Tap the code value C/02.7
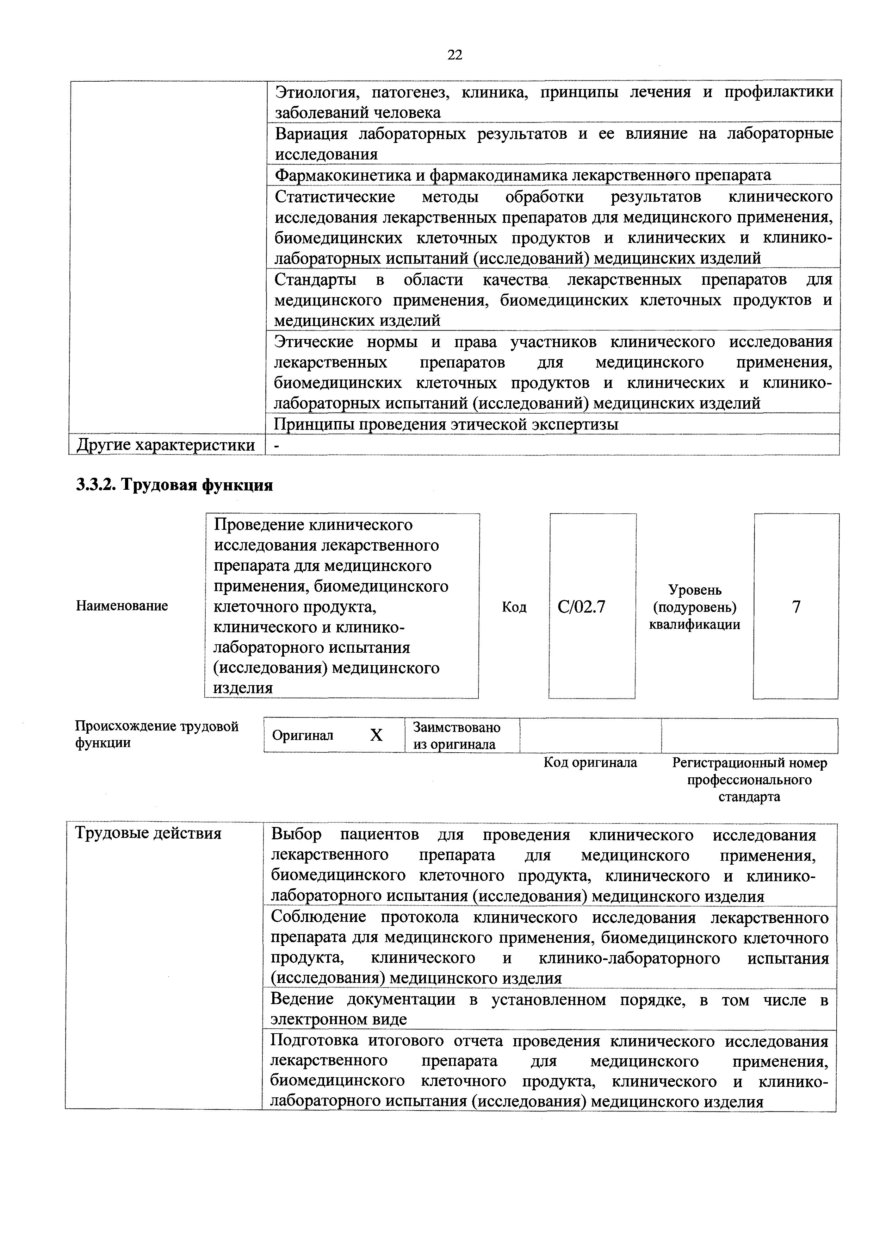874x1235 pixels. click(x=581, y=607)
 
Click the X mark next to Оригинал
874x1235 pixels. click(x=376, y=735)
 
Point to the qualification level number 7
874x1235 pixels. click(x=796, y=607)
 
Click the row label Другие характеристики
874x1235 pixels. click(x=166, y=445)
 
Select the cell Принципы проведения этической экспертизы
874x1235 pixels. click(x=446, y=424)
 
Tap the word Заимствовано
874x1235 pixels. click(x=456, y=727)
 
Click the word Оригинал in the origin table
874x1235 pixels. click(x=303, y=735)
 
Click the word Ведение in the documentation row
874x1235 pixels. click(x=303, y=999)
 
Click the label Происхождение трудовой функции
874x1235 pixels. click(x=156, y=734)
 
